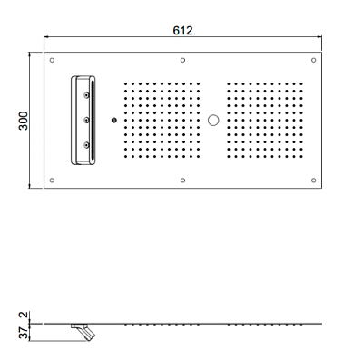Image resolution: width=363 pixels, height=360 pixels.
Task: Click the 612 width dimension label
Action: [182, 30]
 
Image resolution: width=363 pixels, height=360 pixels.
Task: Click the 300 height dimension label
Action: [23, 121]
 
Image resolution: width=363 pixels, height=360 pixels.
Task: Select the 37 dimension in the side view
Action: [25, 333]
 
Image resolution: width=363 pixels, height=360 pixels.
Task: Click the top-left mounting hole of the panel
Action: [52, 60]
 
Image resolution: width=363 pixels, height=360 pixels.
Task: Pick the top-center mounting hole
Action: [182, 60]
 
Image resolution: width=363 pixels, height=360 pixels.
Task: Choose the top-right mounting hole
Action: [314, 60]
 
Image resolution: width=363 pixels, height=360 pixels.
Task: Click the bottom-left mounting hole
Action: [52, 180]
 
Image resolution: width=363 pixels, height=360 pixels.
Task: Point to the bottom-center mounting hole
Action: [182, 180]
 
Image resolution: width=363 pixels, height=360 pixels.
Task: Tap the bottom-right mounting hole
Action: [314, 180]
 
